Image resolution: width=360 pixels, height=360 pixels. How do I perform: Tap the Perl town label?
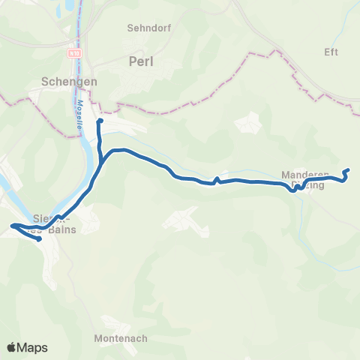pos(141,61)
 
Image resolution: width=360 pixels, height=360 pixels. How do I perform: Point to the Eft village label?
pos(331,52)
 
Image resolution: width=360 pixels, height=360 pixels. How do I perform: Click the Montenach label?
pos(121,338)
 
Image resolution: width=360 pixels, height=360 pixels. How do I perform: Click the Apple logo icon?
pos(13,347)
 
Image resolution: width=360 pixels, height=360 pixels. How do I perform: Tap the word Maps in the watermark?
pos(33,347)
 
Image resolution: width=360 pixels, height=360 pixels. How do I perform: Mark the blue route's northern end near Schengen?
pos(100,120)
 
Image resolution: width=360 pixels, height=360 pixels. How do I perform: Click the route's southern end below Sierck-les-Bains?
pos(38,240)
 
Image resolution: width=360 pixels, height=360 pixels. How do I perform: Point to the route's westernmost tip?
pos(12,225)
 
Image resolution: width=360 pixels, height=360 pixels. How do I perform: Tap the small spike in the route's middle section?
pos(216,178)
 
